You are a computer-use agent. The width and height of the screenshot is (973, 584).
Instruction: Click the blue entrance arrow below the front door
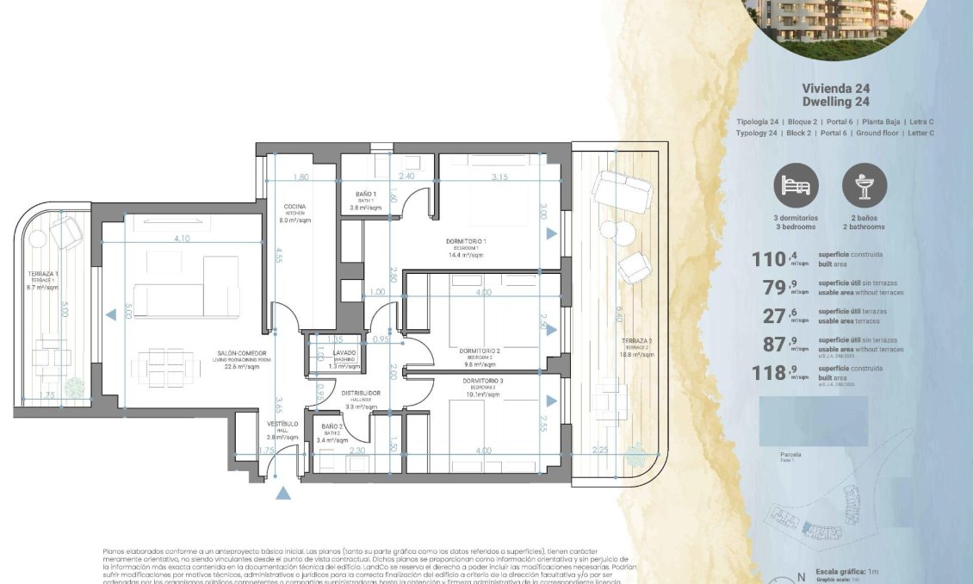point(282,494)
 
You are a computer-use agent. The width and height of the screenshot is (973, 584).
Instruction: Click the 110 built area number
point(770,259)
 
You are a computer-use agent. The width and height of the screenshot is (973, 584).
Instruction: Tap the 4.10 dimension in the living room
point(181,239)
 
